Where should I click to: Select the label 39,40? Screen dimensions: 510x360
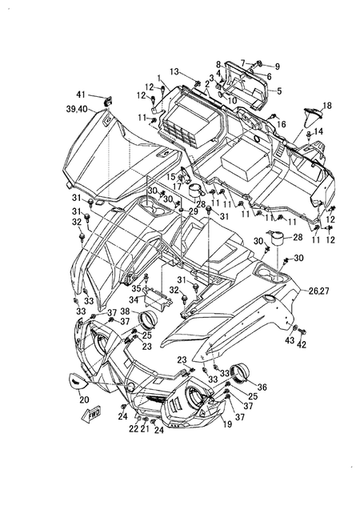coord(78,108)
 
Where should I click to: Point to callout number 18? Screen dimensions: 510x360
coord(326,105)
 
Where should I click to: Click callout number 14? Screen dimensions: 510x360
coord(318,131)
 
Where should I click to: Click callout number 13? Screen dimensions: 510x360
coord(174,71)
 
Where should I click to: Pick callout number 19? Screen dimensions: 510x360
coord(228,425)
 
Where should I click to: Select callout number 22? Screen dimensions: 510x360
coord(134,429)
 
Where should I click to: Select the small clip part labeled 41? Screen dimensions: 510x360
coord(108,100)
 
